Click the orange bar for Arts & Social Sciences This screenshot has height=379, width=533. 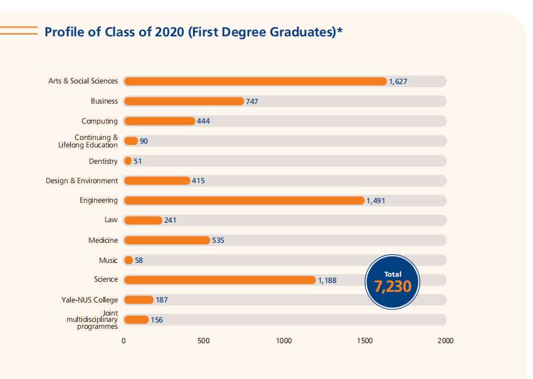[255, 81]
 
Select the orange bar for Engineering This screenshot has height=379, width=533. [244, 200]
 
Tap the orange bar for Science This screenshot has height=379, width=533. [219, 280]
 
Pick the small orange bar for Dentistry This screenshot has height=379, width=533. [128, 161]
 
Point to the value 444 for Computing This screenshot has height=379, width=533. [203, 121]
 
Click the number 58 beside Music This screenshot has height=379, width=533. [139, 260]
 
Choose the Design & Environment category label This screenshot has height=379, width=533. [82, 181]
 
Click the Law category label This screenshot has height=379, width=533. [111, 220]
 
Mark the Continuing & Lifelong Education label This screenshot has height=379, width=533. [88, 141]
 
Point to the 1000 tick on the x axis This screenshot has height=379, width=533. [284, 341]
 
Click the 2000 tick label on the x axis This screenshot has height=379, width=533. [445, 341]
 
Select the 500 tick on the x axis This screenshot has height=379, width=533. [204, 341]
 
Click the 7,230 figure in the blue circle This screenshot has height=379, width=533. [393, 287]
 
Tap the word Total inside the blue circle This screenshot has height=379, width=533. [393, 274]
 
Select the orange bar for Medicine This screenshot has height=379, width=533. [167, 240]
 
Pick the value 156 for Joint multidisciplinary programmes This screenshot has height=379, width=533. [157, 320]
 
